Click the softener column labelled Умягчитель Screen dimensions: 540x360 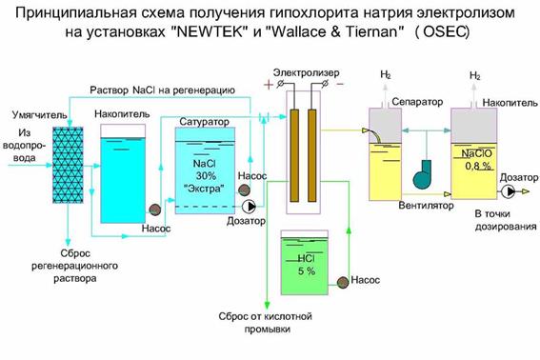click(x=68, y=165)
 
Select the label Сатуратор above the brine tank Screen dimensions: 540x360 click(x=204, y=122)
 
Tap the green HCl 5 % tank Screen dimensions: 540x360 click(x=305, y=263)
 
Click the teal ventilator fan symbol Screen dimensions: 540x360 click(x=423, y=174)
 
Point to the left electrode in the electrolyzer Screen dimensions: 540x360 click(x=294, y=155)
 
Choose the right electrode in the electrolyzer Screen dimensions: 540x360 click(x=312, y=155)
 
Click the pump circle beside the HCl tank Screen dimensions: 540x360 click(x=343, y=282)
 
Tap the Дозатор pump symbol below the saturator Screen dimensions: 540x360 click(x=249, y=207)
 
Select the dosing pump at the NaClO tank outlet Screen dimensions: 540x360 click(x=508, y=191)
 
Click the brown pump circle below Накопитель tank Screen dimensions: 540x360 click(x=154, y=210)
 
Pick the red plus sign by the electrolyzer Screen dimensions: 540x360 click(x=269, y=84)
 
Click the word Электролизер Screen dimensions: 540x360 click(x=306, y=73)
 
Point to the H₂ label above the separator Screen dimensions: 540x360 click(x=386, y=74)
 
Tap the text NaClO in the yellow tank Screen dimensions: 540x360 click(x=477, y=153)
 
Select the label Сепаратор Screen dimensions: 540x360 click(x=417, y=102)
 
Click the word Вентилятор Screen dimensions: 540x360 click(x=426, y=206)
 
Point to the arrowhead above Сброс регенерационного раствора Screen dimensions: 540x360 click(x=69, y=242)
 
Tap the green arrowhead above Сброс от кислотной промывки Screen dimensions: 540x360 click(x=267, y=305)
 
